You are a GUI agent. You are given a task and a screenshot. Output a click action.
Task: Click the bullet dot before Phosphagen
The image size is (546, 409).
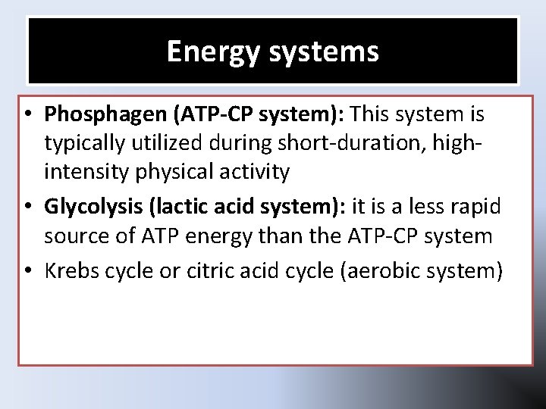click(27, 115)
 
